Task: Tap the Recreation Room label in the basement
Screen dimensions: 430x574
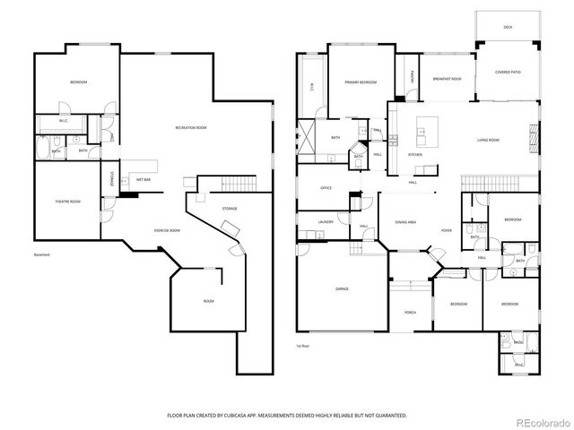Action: [190, 128]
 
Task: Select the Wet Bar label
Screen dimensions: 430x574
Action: [143, 179]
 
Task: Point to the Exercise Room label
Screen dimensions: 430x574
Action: [167, 230]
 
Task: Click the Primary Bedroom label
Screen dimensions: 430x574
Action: [360, 82]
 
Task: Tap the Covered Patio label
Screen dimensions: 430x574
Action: [508, 72]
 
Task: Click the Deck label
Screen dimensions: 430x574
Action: [509, 27]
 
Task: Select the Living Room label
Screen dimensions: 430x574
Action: [488, 141]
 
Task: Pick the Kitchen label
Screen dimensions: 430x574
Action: [415, 155]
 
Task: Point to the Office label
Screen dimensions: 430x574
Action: [326, 188]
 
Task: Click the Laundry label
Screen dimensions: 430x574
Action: [326, 221]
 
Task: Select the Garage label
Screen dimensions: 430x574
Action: [342, 288]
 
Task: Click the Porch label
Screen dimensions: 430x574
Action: [410, 313]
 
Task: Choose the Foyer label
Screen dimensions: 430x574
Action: [446, 230]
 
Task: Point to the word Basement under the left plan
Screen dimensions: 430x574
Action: [42, 255]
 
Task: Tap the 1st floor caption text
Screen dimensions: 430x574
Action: [302, 345]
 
